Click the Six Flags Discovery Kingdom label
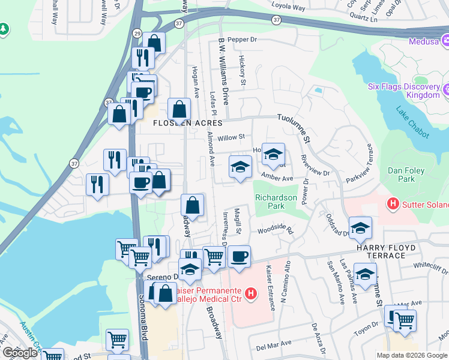pos(404,91)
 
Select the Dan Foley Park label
pos(406,175)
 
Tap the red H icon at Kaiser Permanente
pos(252,293)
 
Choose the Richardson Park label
pos(276,201)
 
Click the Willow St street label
pos(231,137)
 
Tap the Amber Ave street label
pos(277,178)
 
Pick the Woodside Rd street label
pos(275,230)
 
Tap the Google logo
pos(20,353)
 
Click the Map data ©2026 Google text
pos(411,355)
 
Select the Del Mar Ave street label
pos(273,345)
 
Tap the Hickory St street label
pos(243,70)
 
